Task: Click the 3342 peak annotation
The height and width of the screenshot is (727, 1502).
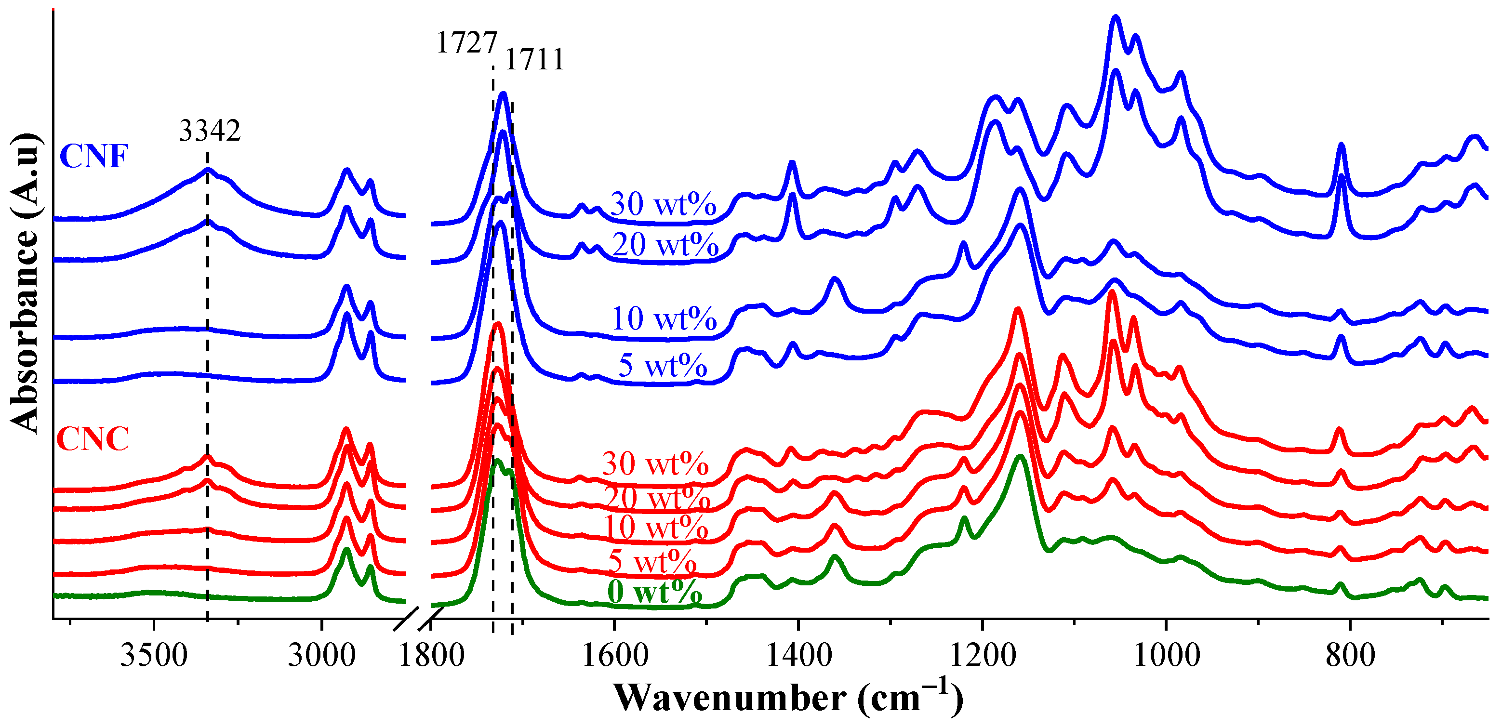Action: coord(209,131)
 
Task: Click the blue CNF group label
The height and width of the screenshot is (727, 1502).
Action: coord(94,156)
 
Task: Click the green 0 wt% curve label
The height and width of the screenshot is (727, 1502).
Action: coord(654,592)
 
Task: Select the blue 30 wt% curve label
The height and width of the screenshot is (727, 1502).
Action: coord(663,204)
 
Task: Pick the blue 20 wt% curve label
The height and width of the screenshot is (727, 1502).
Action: coord(665,244)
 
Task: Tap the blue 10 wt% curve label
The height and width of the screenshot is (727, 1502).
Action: coord(664,319)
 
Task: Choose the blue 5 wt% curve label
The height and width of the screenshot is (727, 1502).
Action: coord(663,366)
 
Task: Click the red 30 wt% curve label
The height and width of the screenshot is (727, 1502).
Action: coord(655,464)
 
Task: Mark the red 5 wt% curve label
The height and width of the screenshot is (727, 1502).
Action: coord(652,561)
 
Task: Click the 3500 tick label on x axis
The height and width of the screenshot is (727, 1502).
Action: coord(154,655)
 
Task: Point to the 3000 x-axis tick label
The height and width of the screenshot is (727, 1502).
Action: coord(321,655)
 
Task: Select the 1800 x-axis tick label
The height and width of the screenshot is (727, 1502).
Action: coord(431,655)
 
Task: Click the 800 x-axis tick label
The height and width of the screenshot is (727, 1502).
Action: coord(1350,655)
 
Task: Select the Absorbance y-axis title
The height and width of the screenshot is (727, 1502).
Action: coord(25,283)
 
